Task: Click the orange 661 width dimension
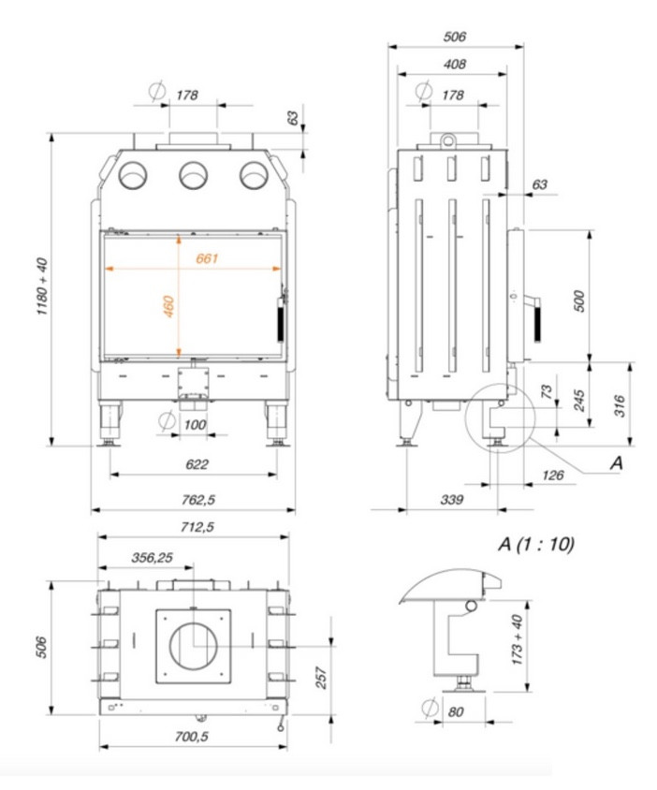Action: [x=207, y=258]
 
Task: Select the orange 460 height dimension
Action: [x=168, y=306]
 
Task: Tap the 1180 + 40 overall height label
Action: [x=42, y=286]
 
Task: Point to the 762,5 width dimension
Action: [x=198, y=499]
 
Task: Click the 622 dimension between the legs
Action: [x=197, y=464]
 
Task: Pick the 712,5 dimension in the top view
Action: [x=197, y=527]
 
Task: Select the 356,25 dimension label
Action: [x=153, y=558]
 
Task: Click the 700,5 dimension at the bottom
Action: [x=192, y=736]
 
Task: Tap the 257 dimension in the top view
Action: [x=321, y=677]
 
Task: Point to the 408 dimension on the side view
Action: [x=455, y=64]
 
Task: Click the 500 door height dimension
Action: [x=579, y=300]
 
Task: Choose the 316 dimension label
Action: [x=620, y=405]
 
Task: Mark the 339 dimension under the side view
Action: [x=451, y=499]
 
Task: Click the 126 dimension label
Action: [x=553, y=475]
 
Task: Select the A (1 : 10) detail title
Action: [x=536, y=544]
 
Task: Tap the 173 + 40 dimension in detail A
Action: [x=517, y=639]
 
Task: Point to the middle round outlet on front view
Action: [x=194, y=175]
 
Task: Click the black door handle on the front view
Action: [x=280, y=319]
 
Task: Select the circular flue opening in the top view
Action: [x=194, y=646]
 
